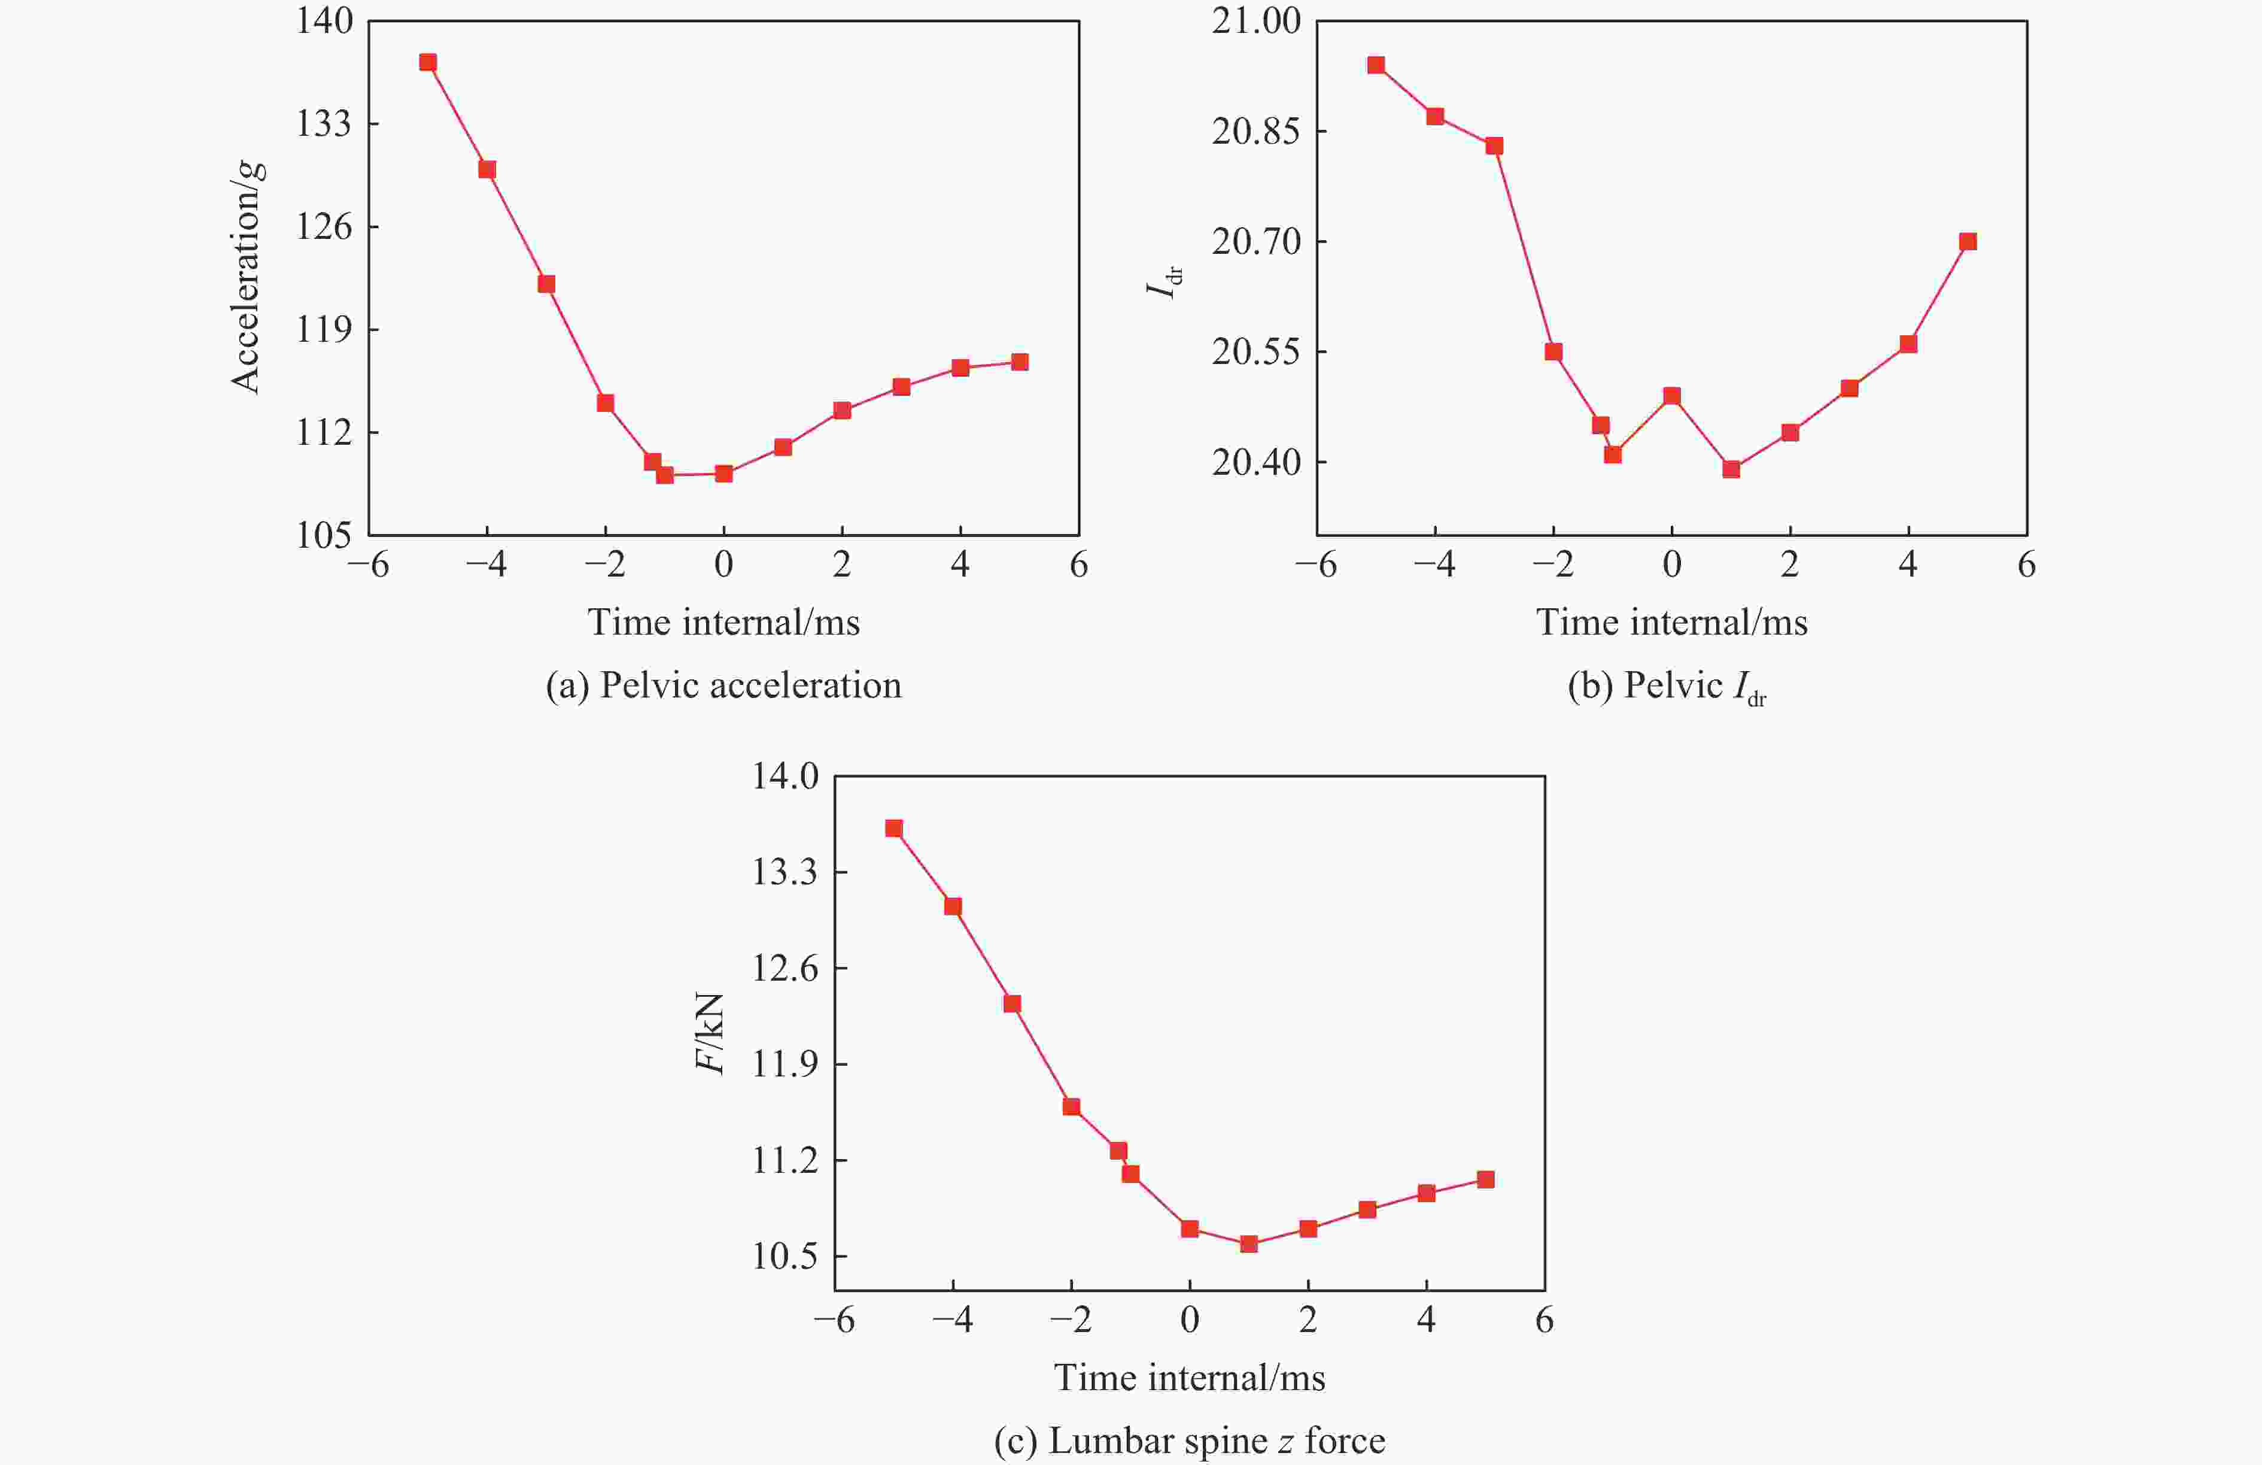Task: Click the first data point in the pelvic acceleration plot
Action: click(428, 63)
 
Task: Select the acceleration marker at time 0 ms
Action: click(723, 474)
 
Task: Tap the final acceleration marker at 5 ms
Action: click(1019, 362)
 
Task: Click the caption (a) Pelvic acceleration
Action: click(723, 686)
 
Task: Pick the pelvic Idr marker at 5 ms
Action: click(1968, 241)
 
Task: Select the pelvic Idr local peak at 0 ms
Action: click(1672, 396)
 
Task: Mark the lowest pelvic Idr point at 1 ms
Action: click(1731, 469)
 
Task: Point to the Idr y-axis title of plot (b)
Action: click(1165, 278)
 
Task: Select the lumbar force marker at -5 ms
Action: click(893, 828)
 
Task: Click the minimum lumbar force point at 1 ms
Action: click(1249, 1243)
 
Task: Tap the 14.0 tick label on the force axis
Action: click(785, 777)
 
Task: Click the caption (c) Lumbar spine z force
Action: click(1189, 1441)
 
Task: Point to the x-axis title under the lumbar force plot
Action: click(1189, 1378)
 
